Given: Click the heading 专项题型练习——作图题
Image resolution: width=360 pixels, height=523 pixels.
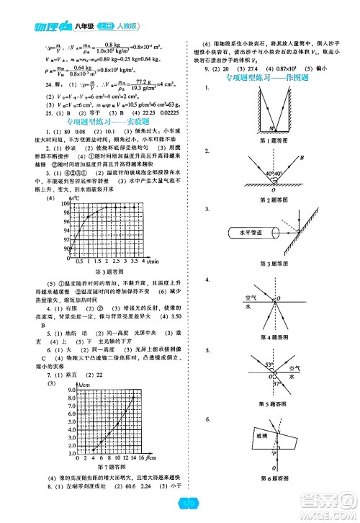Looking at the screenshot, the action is coord(268,77).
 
